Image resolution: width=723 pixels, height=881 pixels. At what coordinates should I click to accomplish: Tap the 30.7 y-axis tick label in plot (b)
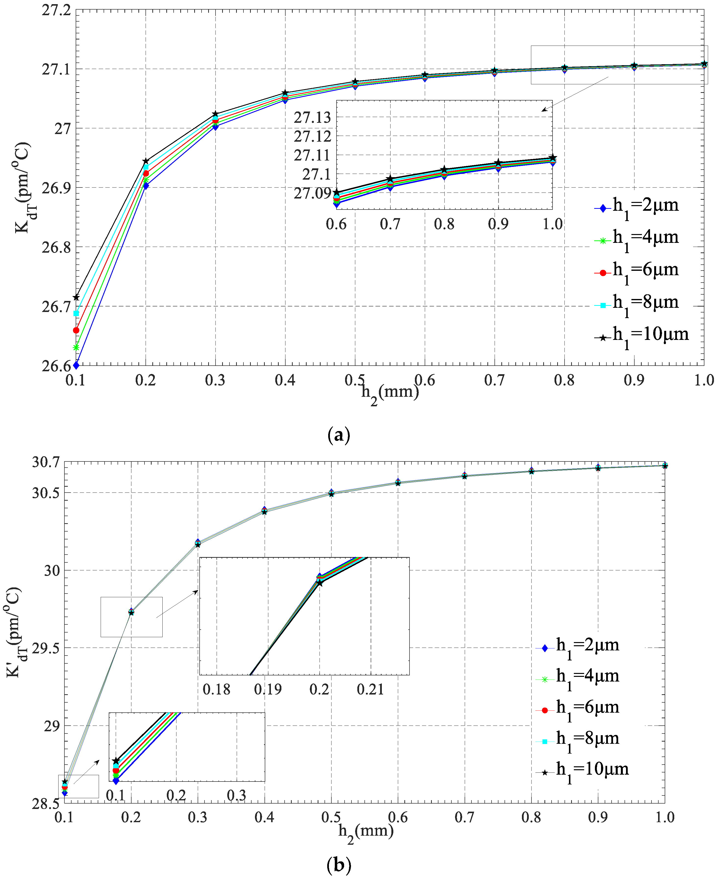[46, 462]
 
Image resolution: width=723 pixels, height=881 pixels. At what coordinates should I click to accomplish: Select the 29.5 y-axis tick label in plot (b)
[46, 648]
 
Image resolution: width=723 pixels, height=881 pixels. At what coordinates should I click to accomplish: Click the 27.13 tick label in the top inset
[312, 118]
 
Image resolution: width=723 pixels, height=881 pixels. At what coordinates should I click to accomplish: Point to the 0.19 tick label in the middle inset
[268, 689]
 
